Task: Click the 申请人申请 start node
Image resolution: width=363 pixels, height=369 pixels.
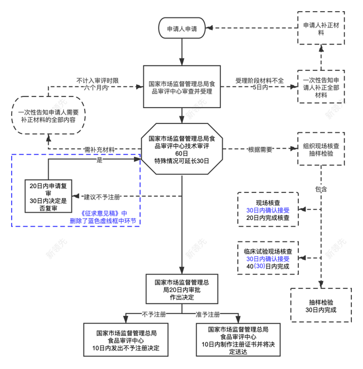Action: (181, 28)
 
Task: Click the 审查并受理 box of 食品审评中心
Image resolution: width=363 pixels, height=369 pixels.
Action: (182, 87)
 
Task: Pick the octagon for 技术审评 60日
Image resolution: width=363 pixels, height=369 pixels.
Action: (181, 150)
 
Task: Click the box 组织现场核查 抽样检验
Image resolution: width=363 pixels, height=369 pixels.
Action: (320, 150)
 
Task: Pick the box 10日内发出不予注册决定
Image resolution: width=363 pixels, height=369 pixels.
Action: (127, 340)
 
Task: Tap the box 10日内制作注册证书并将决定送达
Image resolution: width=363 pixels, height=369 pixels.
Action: (238, 340)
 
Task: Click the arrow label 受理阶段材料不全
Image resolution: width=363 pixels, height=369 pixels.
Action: (259, 80)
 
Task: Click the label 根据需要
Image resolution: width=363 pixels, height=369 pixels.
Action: (260, 149)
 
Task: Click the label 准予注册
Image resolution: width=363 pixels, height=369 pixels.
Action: (208, 315)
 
